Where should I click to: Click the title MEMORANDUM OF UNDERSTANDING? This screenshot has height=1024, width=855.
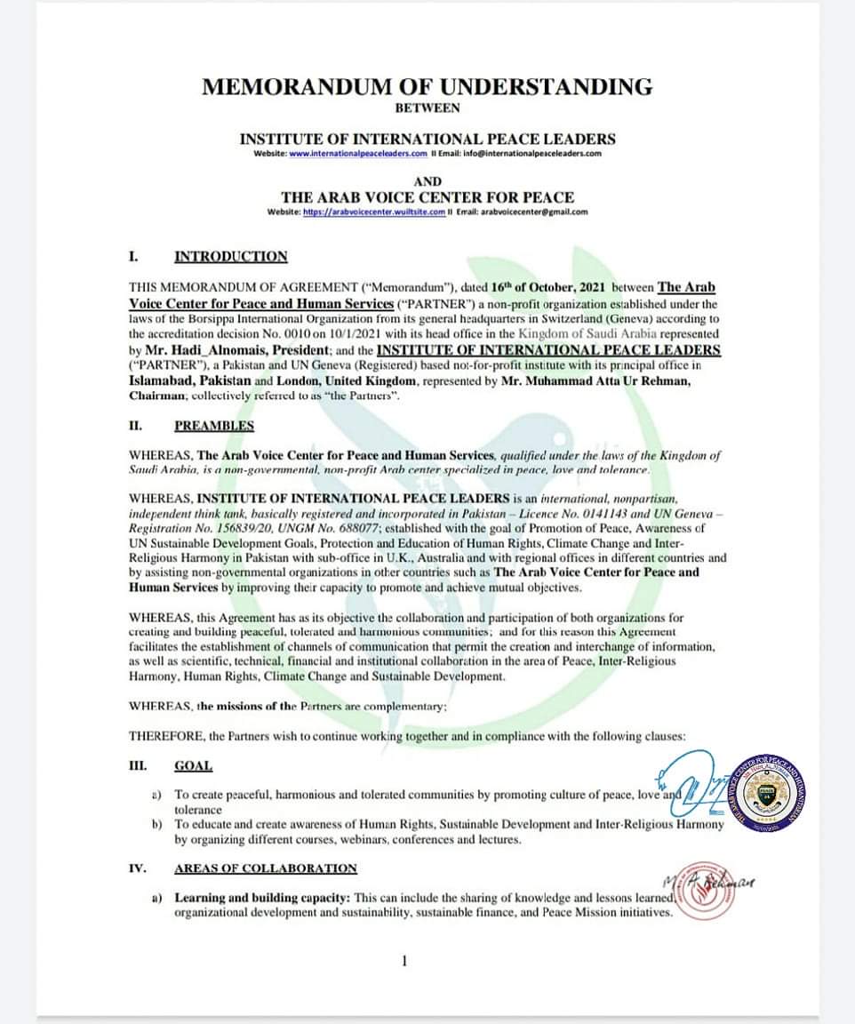[x=427, y=87]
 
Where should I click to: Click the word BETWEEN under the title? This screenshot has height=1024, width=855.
[x=427, y=108]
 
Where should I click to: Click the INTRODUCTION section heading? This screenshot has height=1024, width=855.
[x=231, y=257]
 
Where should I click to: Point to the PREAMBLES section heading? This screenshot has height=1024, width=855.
[x=214, y=426]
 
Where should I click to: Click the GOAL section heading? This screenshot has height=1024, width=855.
[x=193, y=765]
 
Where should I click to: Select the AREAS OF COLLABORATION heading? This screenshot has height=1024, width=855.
[x=266, y=868]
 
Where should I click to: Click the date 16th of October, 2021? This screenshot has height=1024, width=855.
[x=542, y=287]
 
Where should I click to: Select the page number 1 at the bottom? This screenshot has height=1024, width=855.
[x=404, y=960]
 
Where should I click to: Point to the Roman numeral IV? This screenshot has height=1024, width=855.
[x=138, y=868]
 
